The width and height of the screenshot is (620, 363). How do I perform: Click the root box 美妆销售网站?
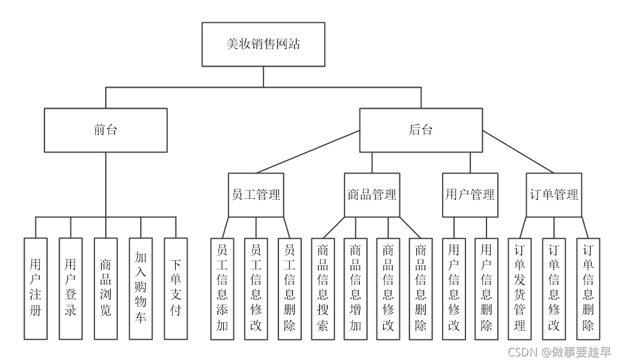pos(263,44)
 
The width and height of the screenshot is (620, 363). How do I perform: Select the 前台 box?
pos(106,130)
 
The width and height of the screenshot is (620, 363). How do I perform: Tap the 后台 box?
pos(421,130)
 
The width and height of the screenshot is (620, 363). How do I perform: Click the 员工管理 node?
pos(256,195)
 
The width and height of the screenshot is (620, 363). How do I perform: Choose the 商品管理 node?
pos(372,195)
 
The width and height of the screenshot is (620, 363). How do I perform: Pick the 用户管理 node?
pos(470,195)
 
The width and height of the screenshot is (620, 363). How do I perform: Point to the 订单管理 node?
pos(554,195)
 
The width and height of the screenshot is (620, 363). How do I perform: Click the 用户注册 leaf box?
pos(35,288)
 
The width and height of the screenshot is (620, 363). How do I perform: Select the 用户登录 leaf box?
pos(70,288)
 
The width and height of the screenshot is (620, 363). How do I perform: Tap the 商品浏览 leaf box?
pos(106,288)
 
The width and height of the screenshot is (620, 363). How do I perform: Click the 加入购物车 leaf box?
pos(141,288)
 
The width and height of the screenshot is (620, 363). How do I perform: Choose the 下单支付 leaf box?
pos(176,288)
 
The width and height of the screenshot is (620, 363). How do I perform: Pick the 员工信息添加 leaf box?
pos(223,288)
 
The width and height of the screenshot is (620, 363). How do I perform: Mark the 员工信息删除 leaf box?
pos(290,288)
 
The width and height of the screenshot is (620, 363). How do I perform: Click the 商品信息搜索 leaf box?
pos(322,288)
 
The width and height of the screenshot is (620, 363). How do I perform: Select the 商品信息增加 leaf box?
pos(355,288)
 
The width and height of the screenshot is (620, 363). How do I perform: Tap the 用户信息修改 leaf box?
pos(454,288)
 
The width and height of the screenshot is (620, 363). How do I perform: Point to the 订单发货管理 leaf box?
pos(520,288)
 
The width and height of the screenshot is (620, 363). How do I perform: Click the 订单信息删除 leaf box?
pos(588,288)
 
